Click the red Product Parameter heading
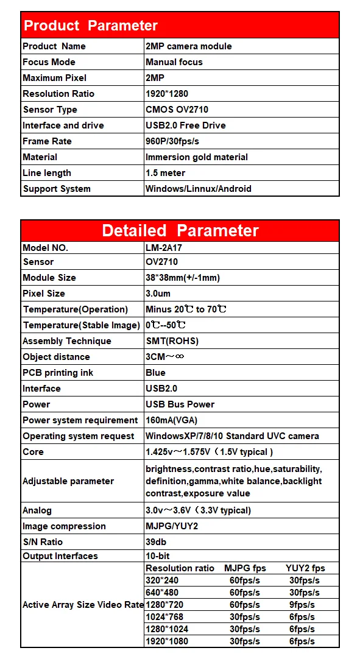[90, 26]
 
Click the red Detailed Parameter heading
[180, 230]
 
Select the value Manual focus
[174, 62]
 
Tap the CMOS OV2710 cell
[176, 110]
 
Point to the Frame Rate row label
[47, 141]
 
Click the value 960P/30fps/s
[174, 141]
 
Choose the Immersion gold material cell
[196, 157]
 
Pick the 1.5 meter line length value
[165, 173]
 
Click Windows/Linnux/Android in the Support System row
[198, 189]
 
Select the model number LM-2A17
[165, 248]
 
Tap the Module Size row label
[49, 278]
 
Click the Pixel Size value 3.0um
[158, 294]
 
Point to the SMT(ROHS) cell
[172, 341]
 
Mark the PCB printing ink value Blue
[155, 373]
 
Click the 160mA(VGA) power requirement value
[171, 420]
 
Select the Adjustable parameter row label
[68, 481]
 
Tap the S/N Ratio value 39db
[156, 542]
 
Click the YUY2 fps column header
[305, 568]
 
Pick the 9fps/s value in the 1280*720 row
[302, 605]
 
